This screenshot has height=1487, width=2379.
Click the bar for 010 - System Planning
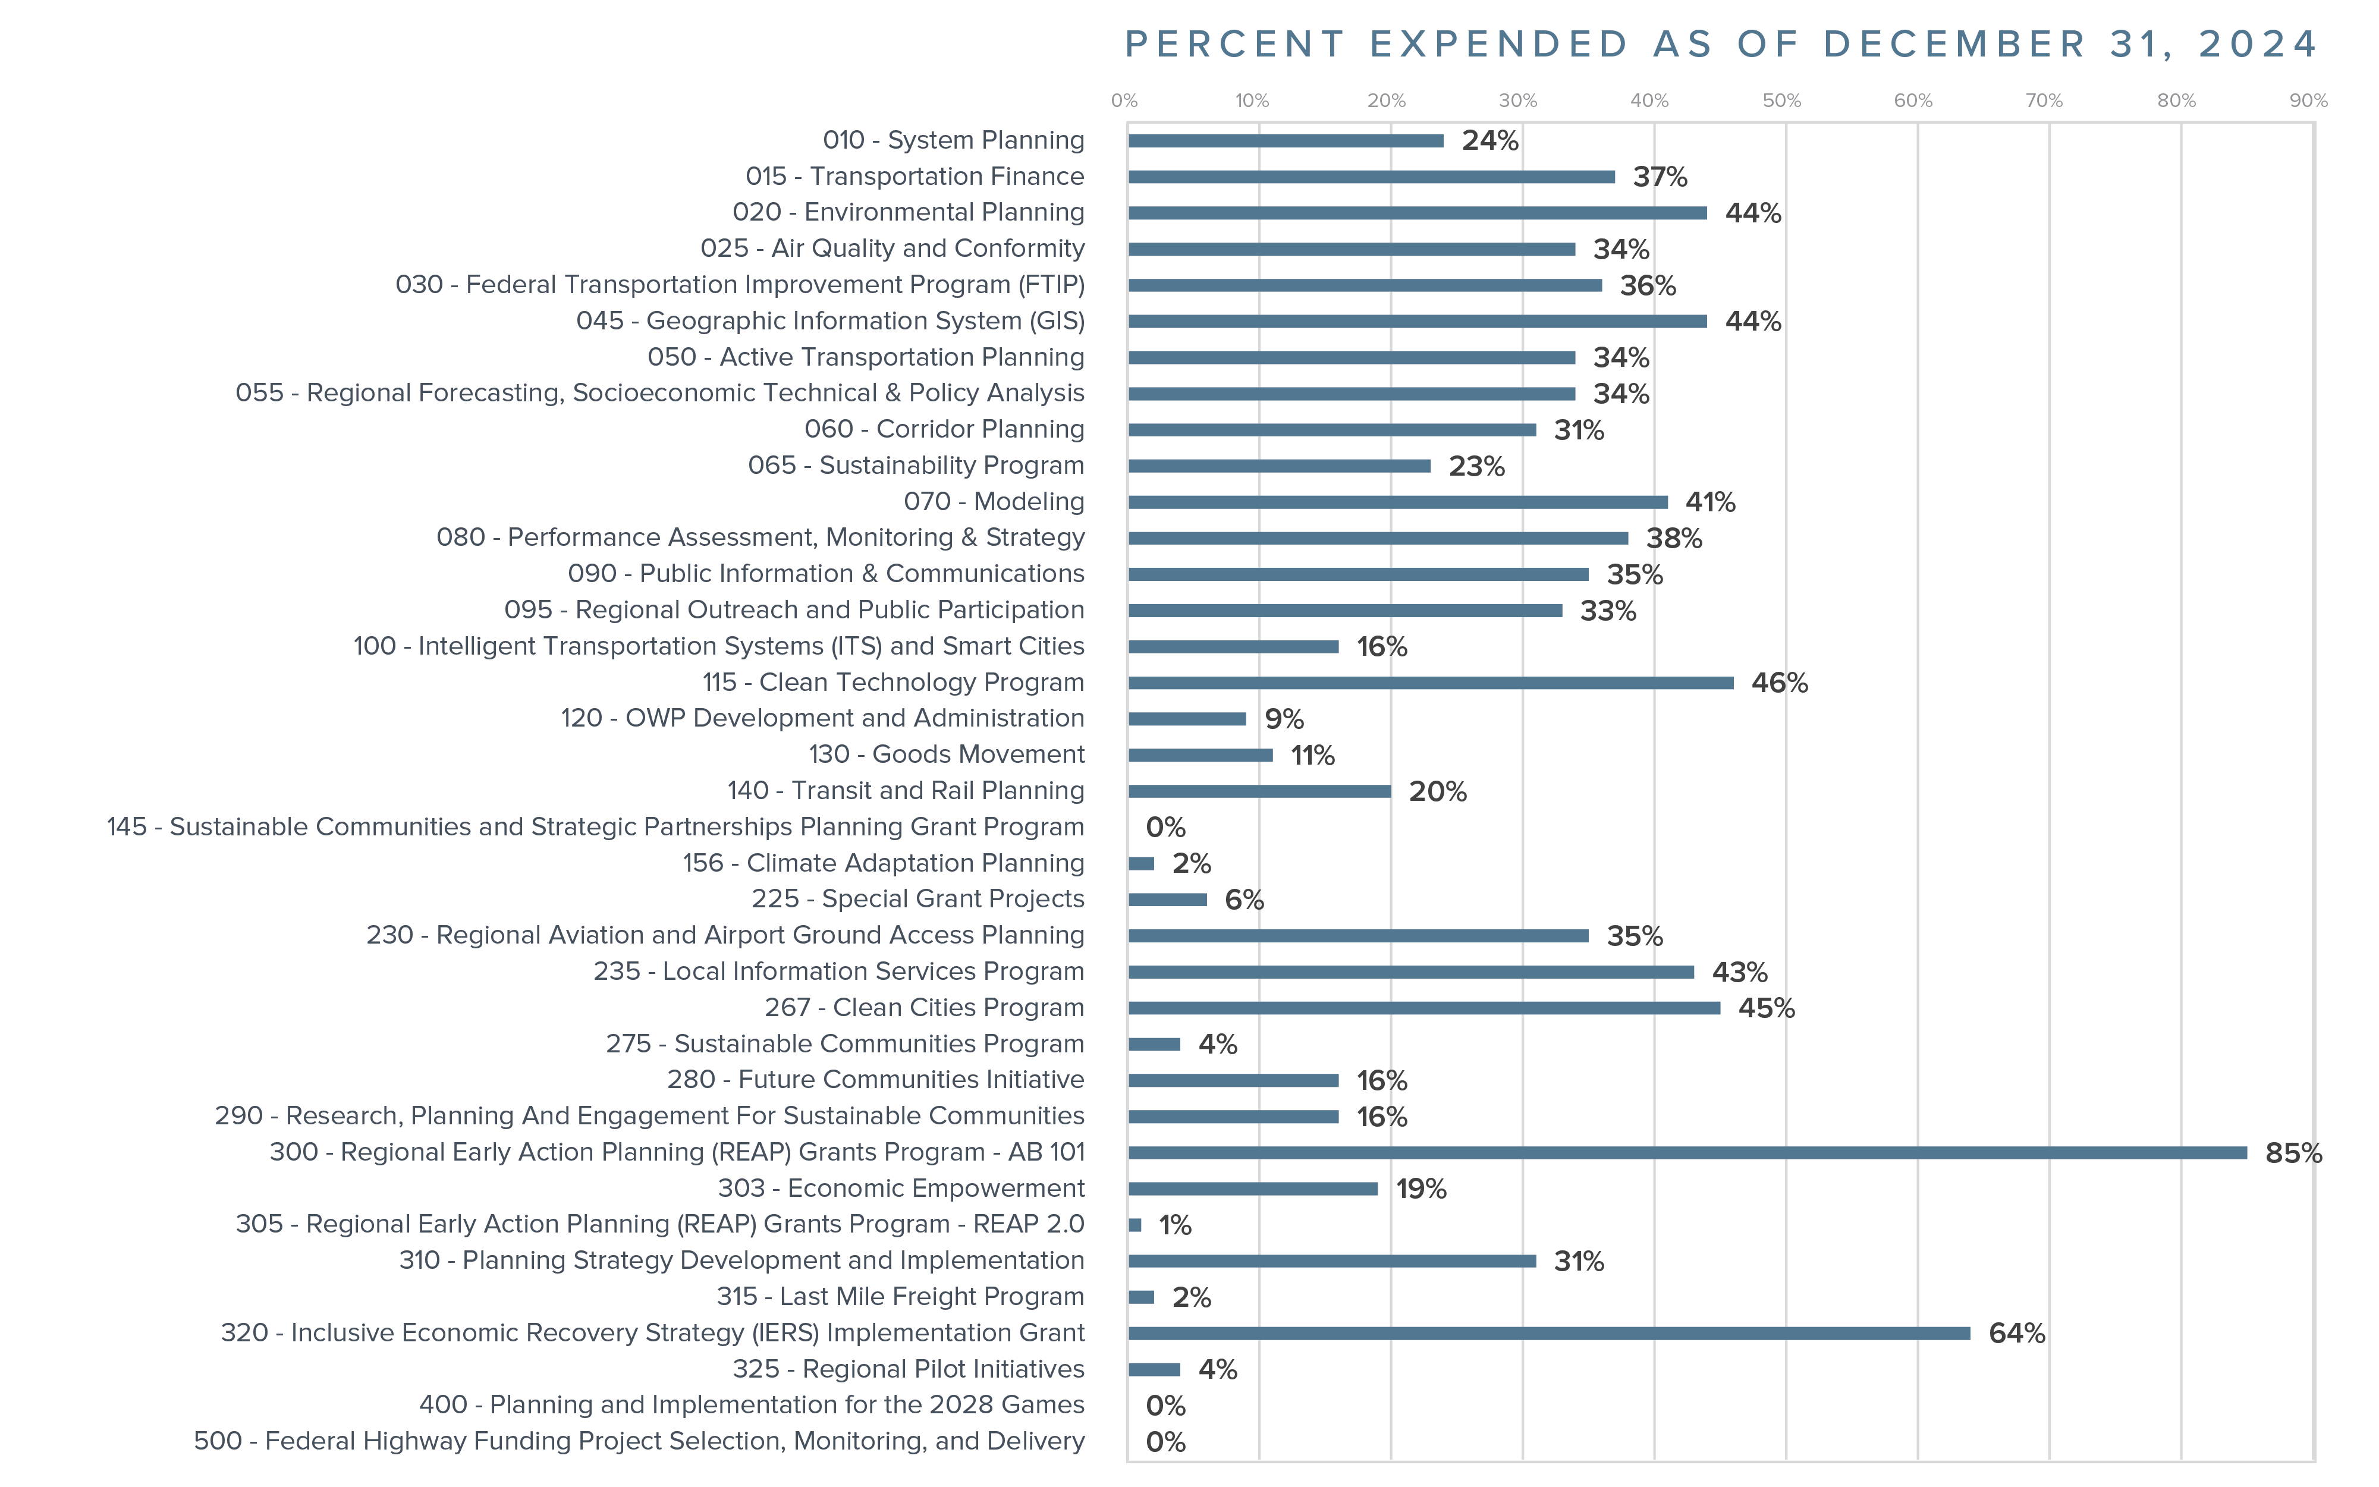point(1286,141)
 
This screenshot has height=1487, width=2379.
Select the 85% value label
point(2292,1153)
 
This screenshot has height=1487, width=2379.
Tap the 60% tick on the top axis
point(1913,100)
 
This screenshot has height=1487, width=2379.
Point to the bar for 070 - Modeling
point(1397,502)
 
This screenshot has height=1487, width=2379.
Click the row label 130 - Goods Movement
point(946,754)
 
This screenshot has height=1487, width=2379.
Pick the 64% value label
point(2016,1334)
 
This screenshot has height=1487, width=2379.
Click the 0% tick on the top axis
point(1124,100)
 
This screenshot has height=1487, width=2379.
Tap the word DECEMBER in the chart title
point(1954,44)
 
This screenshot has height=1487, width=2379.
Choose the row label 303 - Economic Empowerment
point(901,1188)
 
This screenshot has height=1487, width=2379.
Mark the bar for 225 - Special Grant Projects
point(1167,899)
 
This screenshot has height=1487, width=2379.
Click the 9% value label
point(1283,719)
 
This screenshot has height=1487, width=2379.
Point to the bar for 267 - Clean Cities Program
point(1424,1008)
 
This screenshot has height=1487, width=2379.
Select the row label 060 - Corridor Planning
point(944,429)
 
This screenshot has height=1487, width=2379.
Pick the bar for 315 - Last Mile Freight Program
point(1141,1297)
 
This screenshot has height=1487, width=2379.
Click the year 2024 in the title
point(2258,44)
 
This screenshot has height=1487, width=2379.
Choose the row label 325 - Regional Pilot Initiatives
point(908,1369)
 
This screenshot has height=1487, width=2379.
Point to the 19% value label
point(1421,1189)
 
